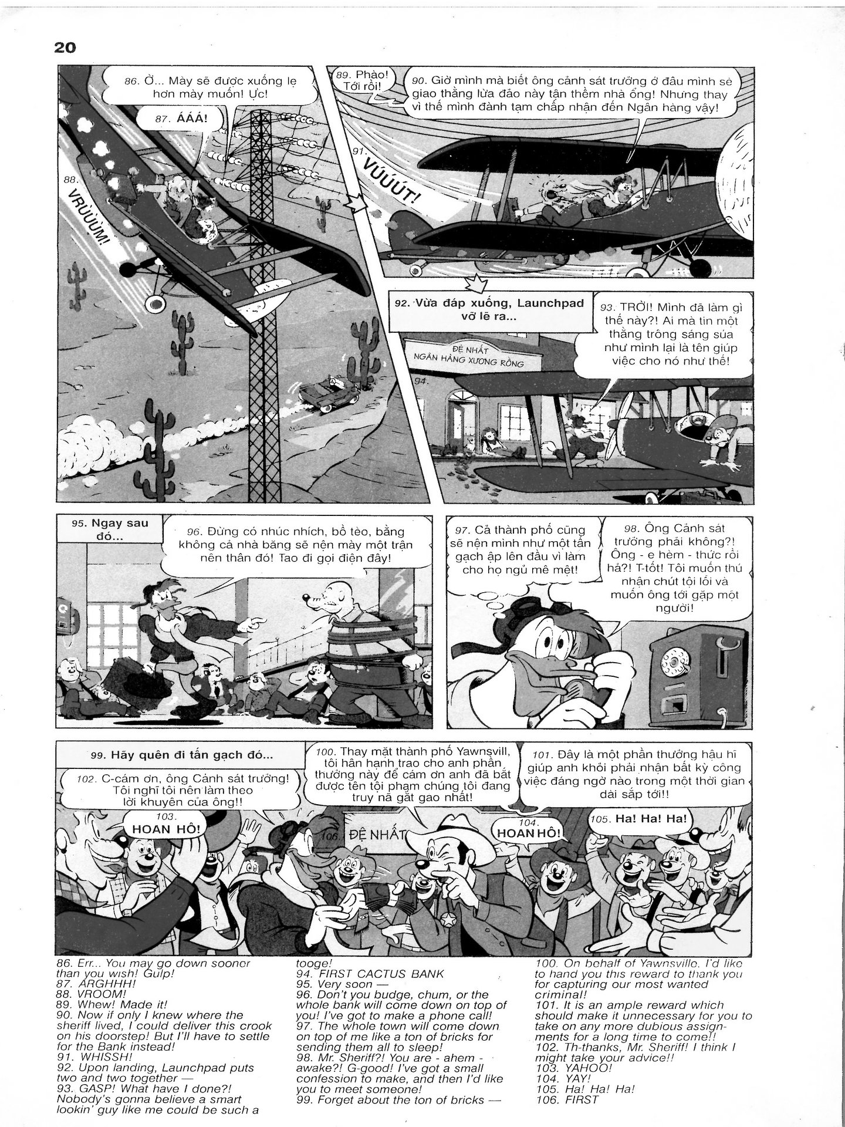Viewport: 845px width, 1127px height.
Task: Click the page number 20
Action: click(x=65, y=48)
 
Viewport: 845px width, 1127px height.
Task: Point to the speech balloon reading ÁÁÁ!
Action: click(x=181, y=118)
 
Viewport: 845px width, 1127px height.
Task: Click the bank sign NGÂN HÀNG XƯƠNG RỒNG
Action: click(x=475, y=356)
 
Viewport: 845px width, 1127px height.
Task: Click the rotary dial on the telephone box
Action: click(x=671, y=664)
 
